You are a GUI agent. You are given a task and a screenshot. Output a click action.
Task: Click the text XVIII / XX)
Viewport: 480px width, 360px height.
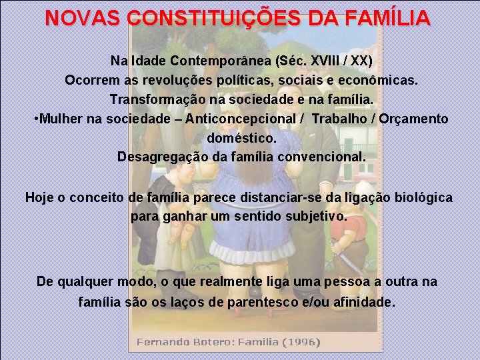tap(339, 61)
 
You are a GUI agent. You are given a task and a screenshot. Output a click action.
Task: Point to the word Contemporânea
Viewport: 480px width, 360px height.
tap(213, 61)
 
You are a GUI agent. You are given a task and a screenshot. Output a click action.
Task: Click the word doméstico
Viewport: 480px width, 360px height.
tap(241, 138)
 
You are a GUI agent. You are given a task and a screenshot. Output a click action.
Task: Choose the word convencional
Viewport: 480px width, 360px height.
tap(322, 157)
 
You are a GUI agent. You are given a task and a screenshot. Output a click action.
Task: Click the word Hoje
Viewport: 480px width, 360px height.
tap(39, 197)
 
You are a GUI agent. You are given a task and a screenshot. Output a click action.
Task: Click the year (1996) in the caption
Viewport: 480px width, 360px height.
tap(301, 342)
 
